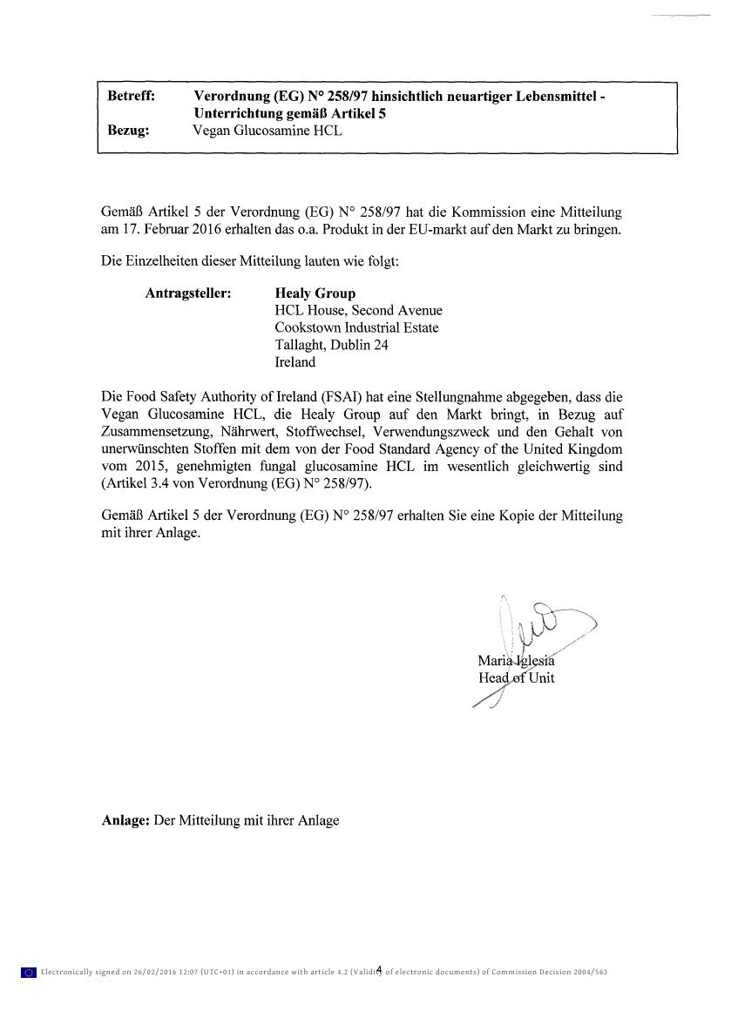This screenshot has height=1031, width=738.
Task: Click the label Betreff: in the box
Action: pyautogui.click(x=131, y=97)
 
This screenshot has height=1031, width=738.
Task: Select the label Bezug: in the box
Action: pyautogui.click(x=128, y=131)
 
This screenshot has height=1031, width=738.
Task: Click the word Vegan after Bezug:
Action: pyautogui.click(x=210, y=131)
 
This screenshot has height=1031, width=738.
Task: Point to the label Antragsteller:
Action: pyautogui.click(x=187, y=293)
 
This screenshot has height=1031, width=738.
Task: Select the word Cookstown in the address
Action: pyautogui.click(x=308, y=327)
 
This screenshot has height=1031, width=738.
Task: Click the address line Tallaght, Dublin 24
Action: pyautogui.click(x=331, y=345)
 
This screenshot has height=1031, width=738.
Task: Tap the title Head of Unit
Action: pyautogui.click(x=516, y=677)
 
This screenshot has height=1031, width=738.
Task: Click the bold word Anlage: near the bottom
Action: pyautogui.click(x=125, y=819)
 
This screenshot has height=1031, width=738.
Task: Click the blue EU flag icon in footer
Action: pyautogui.click(x=28, y=972)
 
